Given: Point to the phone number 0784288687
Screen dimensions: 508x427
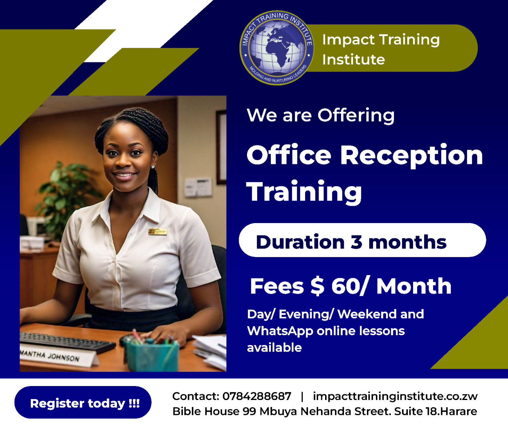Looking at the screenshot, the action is pos(257,396).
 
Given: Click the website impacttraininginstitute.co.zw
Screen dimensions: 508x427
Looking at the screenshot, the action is pos(395,396).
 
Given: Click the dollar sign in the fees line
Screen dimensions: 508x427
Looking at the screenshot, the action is pos(317,286).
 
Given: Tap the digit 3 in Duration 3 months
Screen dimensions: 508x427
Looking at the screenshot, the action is pos(356,242).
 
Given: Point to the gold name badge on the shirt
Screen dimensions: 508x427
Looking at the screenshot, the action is pos(158,231).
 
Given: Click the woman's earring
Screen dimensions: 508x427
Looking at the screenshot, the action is pos(153,166).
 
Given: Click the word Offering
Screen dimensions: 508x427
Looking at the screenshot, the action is pos(356,116).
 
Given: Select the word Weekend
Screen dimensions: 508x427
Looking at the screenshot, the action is pos(367,314).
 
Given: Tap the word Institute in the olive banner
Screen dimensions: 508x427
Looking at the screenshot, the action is pos(353,59).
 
